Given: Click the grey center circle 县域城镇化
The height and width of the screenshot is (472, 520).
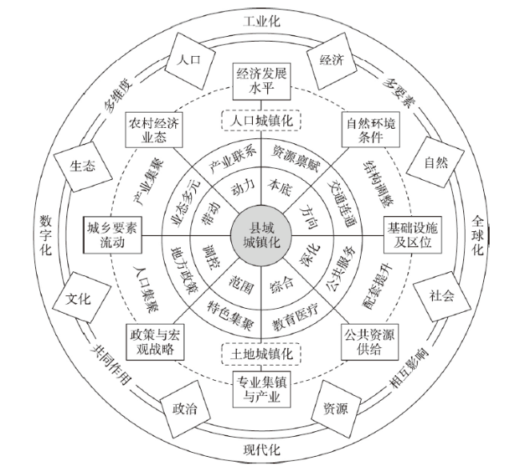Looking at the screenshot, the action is click(x=262, y=236).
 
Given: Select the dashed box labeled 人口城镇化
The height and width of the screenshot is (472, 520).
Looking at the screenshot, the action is click(x=262, y=121).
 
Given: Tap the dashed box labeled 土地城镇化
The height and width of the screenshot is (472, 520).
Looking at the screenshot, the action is click(x=262, y=354).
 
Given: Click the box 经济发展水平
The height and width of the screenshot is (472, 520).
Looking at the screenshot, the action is click(x=262, y=82).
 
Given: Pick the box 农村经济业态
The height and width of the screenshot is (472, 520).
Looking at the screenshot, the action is click(x=154, y=130).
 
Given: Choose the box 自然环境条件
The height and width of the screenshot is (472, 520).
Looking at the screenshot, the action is click(x=370, y=130).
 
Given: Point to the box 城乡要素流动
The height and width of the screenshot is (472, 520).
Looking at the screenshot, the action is click(x=113, y=235).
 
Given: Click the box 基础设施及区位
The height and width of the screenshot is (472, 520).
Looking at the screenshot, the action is click(x=412, y=235).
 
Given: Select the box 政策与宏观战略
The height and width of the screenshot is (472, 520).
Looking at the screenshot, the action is click(x=155, y=342).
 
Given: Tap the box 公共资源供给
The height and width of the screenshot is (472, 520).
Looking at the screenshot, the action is click(x=370, y=342).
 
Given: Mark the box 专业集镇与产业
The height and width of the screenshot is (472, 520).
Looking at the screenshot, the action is click(x=262, y=390).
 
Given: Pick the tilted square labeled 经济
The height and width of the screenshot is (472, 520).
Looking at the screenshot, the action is click(x=332, y=60).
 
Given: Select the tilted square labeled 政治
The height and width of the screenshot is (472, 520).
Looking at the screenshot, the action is click(x=185, y=409).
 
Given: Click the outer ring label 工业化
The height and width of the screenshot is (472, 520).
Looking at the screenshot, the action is click(x=262, y=22).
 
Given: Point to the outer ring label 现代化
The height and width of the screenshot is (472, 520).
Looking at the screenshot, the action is click(x=262, y=450).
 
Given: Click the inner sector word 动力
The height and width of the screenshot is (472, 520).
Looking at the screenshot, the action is click(x=243, y=186).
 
